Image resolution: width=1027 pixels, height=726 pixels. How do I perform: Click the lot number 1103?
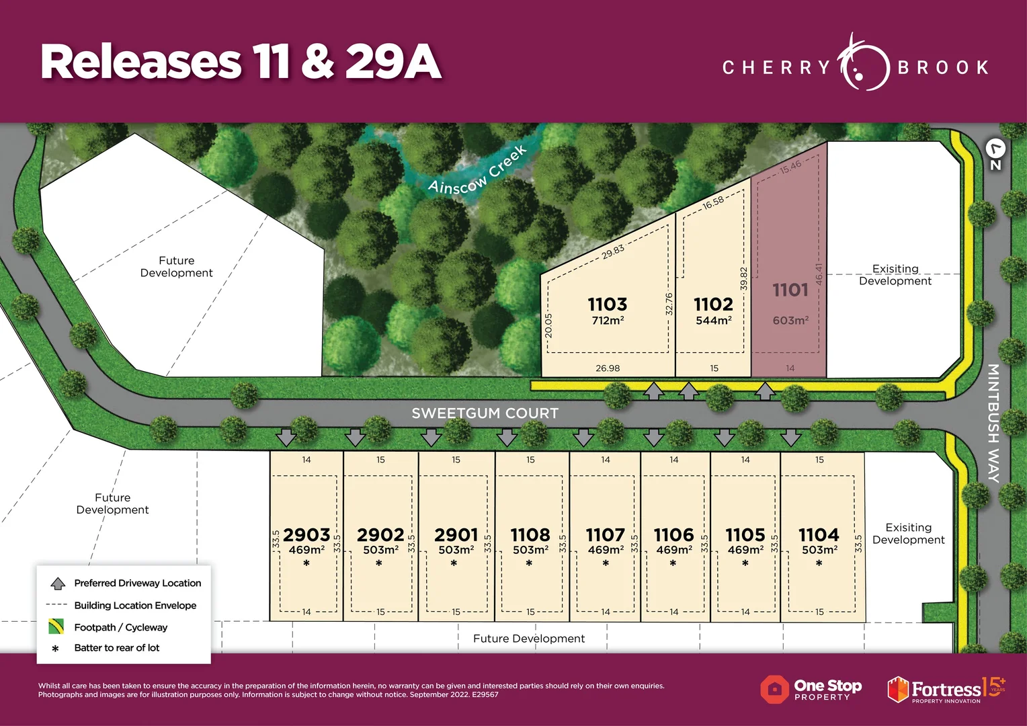(608, 304)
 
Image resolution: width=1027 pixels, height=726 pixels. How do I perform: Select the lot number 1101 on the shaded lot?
(790, 290)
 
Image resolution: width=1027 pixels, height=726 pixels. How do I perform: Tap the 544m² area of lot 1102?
(714, 321)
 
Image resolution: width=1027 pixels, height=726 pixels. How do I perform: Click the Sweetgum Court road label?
(485, 413)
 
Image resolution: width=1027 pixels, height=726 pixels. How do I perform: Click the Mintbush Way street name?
(993, 423)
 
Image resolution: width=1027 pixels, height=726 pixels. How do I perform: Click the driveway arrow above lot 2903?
(286, 438)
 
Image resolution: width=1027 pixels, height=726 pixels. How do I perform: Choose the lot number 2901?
(456, 535)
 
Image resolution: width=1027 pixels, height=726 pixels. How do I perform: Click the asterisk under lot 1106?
(673, 564)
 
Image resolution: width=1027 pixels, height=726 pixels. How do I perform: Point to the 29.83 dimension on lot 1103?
(613, 251)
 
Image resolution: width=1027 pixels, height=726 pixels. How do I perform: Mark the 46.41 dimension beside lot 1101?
(819, 274)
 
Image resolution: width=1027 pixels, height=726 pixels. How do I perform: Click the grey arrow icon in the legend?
(58, 583)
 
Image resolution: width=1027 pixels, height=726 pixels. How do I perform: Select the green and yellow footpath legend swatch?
(56, 627)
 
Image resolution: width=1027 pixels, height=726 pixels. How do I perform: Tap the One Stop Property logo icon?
(774, 689)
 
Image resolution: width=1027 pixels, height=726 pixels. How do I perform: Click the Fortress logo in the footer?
(946, 690)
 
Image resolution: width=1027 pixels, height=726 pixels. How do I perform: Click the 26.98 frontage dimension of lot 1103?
(608, 368)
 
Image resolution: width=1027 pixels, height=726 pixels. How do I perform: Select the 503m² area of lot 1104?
(819, 550)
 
